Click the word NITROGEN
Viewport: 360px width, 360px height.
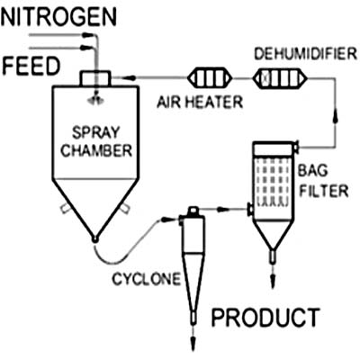(58, 17)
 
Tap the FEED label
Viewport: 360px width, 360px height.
(31, 66)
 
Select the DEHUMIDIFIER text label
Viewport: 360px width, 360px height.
(306, 54)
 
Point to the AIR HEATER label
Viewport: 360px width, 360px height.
(200, 102)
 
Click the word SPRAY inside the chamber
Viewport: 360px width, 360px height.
(96, 132)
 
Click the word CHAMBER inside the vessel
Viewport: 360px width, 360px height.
(96, 150)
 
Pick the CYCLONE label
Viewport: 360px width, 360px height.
(147, 279)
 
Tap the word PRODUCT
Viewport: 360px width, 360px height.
(265, 318)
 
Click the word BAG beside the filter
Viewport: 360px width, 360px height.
(312, 171)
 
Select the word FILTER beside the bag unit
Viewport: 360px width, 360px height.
(324, 191)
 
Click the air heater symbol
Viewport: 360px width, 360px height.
(210, 78)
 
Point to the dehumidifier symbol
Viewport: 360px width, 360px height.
(280, 79)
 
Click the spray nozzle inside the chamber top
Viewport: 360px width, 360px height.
(96, 100)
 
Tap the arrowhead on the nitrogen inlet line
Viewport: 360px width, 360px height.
(87, 35)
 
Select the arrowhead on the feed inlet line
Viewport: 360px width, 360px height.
(86, 48)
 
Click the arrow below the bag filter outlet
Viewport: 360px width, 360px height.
(273, 276)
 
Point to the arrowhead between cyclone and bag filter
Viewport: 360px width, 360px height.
(223, 209)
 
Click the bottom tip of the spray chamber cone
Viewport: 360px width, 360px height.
(94, 239)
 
